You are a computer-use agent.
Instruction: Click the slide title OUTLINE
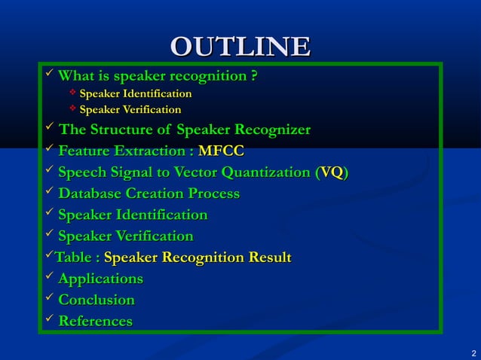tap(240, 46)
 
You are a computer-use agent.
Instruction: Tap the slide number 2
tap(473, 353)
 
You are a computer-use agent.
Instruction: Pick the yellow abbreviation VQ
tap(332, 173)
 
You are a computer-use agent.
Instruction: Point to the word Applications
tap(101, 279)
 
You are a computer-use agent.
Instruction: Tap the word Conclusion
tap(97, 301)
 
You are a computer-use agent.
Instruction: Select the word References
tap(95, 322)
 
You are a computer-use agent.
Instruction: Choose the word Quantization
tap(257, 173)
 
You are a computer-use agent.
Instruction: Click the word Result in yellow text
tap(268, 258)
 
